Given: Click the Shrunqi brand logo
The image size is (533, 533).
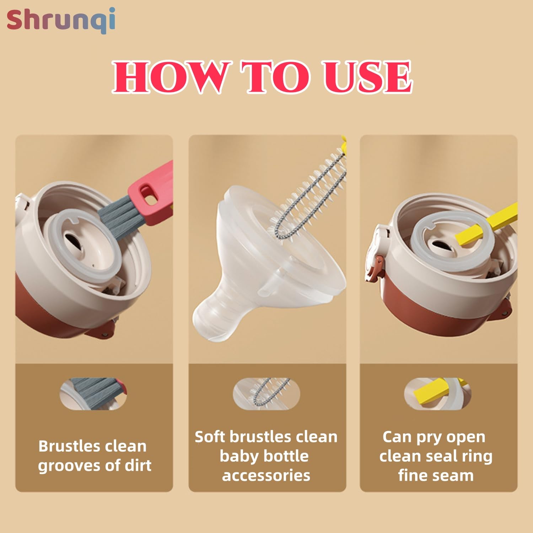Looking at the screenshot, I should (61, 20).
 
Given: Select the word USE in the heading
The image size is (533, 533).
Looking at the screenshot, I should (367, 77).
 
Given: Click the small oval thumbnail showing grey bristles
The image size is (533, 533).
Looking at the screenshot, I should (93, 394).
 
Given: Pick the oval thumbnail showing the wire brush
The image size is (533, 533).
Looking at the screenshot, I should (266, 394).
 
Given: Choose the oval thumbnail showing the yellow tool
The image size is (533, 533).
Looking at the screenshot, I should (437, 394).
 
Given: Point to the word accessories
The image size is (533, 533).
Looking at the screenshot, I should (266, 475).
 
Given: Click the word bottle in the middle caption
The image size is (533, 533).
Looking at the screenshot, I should (286, 456).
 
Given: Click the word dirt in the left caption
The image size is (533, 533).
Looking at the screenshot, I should (138, 465).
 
